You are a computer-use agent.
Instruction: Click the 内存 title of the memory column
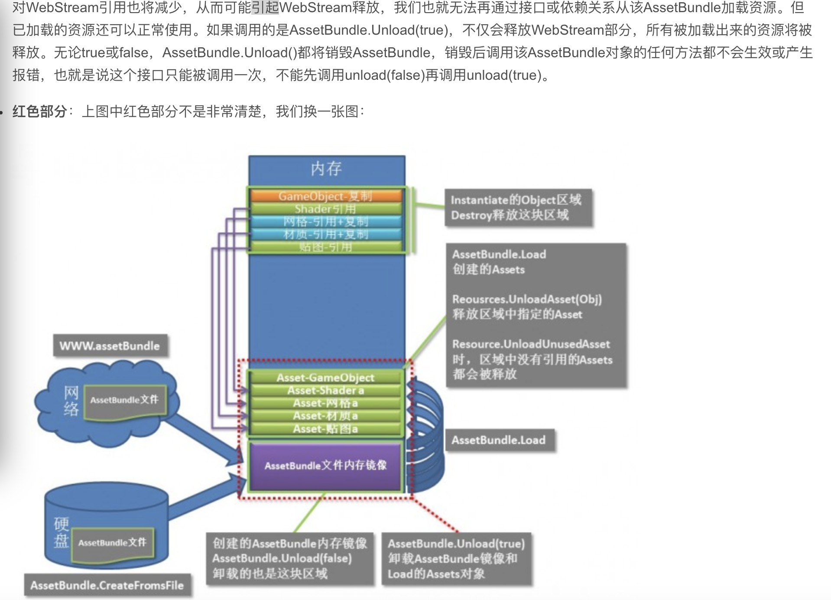pyautogui.click(x=326, y=169)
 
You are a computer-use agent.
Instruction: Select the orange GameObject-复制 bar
pyautogui.click(x=326, y=196)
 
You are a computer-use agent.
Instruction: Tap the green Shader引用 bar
pyautogui.click(x=326, y=209)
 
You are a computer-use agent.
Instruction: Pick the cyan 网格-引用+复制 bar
pyautogui.click(x=326, y=222)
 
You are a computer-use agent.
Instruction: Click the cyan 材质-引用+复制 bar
pyautogui.click(x=326, y=235)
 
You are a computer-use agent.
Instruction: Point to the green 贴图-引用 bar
pyautogui.click(x=326, y=247)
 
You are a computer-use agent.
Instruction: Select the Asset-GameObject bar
pyautogui.click(x=325, y=377)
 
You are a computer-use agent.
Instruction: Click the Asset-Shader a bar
pyautogui.click(x=325, y=390)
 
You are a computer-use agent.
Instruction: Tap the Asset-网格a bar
pyautogui.click(x=325, y=403)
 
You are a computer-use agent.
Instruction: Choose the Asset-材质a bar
pyautogui.click(x=325, y=416)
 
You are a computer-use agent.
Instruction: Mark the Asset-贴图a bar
pyautogui.click(x=325, y=429)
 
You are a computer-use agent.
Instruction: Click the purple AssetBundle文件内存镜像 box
pyautogui.click(x=325, y=466)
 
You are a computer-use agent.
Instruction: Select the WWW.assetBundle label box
pyautogui.click(x=110, y=346)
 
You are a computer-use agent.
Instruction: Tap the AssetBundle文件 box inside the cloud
pyautogui.click(x=124, y=400)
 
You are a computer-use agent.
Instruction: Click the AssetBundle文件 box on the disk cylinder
pyautogui.click(x=112, y=542)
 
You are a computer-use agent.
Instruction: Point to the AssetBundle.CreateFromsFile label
pyautogui.click(x=107, y=585)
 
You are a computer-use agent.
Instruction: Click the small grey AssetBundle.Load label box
pyautogui.click(x=499, y=440)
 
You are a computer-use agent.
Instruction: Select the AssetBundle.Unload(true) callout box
pyautogui.click(x=456, y=558)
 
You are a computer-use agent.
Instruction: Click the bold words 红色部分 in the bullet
pyautogui.click(x=39, y=111)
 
